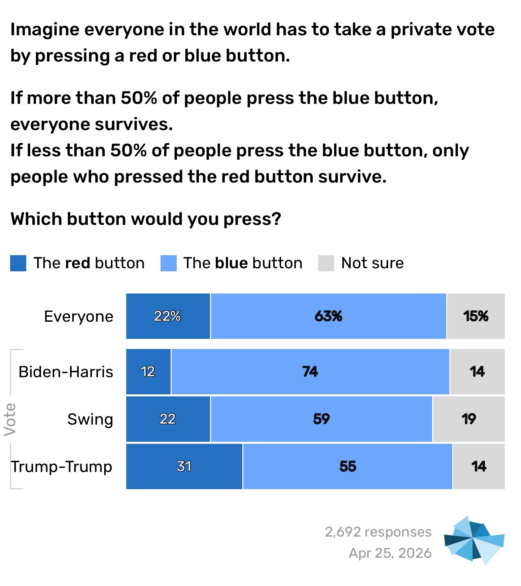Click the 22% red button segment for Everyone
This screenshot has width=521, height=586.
coord(168,316)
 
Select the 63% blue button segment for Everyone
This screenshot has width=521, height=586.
coord(328,316)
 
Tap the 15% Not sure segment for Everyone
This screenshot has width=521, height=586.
coord(476,316)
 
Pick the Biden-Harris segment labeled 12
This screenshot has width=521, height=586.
coord(148,372)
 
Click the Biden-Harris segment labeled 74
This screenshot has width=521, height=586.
coord(310,372)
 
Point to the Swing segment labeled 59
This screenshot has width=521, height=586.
coord(321,419)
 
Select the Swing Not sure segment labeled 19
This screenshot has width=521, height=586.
coord(468,419)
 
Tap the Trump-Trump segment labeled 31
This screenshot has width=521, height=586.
coord(184,466)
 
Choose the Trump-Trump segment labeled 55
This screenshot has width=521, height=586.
coord(347,466)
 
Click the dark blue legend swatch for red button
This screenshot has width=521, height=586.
coord(18,263)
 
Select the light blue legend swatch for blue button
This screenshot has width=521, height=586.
coord(169,263)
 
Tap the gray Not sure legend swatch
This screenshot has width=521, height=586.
coord(326,263)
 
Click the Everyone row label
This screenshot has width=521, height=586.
coord(79,317)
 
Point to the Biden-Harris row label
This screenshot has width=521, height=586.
coord(66,372)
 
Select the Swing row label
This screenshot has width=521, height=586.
coord(90,419)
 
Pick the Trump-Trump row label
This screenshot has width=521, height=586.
coord(62,467)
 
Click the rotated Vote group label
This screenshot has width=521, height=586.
coord(10,419)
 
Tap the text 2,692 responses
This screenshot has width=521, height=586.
coord(378,532)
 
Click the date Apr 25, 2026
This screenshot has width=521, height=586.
coord(390,553)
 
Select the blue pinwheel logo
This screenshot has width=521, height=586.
coord(474,540)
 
